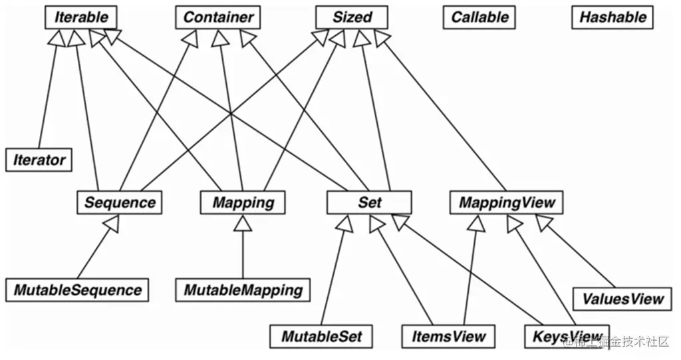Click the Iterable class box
point(81,17)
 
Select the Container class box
point(218,17)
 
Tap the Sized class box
point(352,17)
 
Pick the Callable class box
point(479,17)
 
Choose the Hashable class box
point(613,17)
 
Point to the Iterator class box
point(39,160)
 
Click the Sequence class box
point(120,202)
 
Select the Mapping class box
point(243,202)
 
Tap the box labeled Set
point(369,202)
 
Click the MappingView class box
point(506,202)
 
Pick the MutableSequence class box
point(77,290)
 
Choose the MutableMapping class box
point(243,290)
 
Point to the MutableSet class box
point(321,336)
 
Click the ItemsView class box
point(448,336)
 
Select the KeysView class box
point(567,336)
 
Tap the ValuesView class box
point(622,299)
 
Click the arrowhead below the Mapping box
point(243,223)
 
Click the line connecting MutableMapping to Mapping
point(243,255)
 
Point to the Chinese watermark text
point(616,342)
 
